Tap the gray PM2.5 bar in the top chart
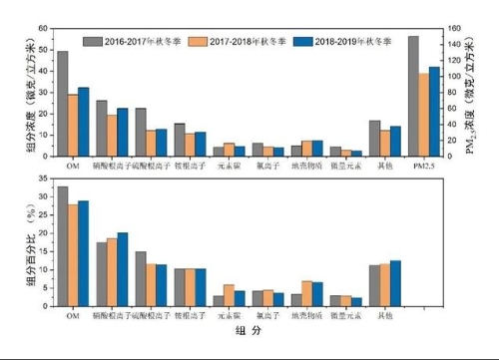pyautogui.click(x=413, y=96)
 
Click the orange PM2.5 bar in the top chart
pyautogui.click(x=424, y=115)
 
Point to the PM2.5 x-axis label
pyautogui.click(x=424, y=164)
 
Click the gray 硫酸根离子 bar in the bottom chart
pyautogui.click(x=141, y=278)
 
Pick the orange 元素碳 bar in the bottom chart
pyautogui.click(x=230, y=295)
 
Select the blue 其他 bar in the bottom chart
pyautogui.click(x=395, y=282)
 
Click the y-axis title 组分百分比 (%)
pyautogui.click(x=30, y=246)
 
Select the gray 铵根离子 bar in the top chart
pyautogui.click(x=180, y=140)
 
